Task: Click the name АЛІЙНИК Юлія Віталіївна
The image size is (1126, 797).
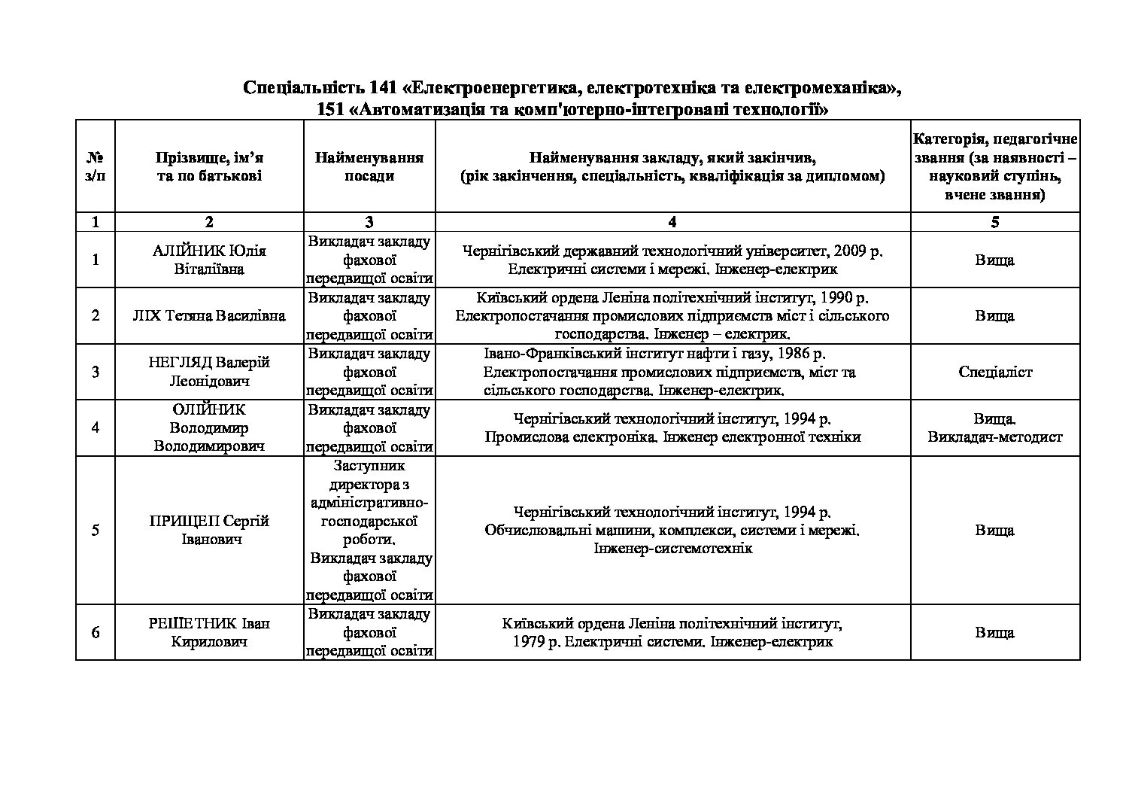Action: tap(209, 260)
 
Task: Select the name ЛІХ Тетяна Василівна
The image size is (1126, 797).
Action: tap(209, 315)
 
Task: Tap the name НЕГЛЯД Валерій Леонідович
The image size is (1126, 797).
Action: tap(209, 372)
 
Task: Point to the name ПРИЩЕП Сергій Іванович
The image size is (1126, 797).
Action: tap(209, 530)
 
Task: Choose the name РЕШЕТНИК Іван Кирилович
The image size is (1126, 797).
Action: tap(209, 632)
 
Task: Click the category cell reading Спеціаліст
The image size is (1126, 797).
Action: tap(995, 372)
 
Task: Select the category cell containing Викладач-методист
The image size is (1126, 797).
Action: tap(995, 437)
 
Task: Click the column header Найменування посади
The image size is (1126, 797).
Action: tap(369, 166)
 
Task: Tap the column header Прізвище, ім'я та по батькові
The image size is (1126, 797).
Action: tap(209, 166)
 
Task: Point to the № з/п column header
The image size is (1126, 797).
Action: tap(95, 166)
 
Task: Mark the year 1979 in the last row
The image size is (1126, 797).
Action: tap(529, 642)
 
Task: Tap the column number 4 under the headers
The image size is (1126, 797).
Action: tap(672, 222)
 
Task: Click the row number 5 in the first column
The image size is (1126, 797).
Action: tap(95, 530)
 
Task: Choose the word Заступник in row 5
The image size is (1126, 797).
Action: tap(369, 466)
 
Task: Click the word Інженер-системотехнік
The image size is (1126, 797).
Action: tap(672, 549)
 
